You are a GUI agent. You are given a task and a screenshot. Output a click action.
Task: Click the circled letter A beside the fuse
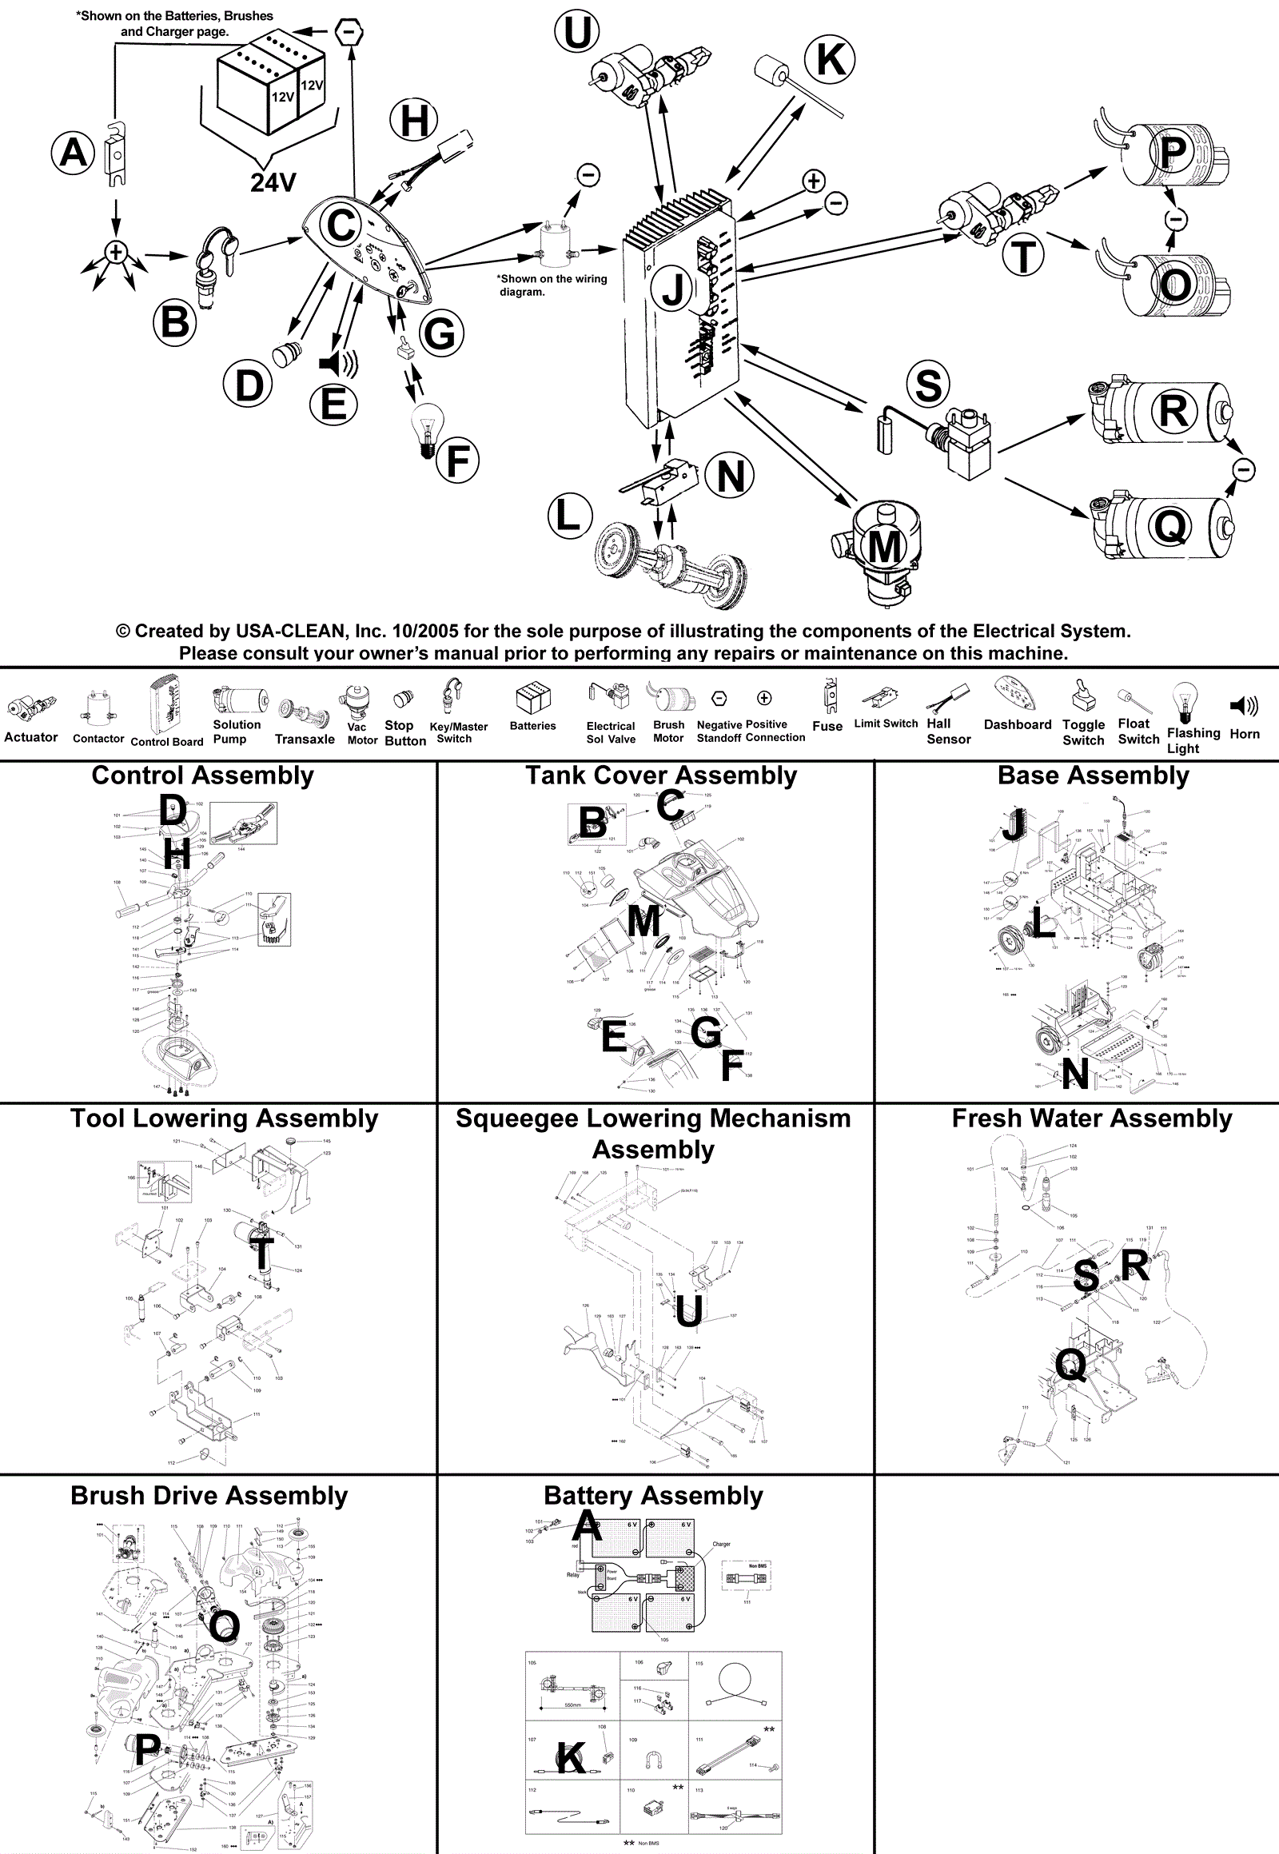pyautogui.click(x=73, y=152)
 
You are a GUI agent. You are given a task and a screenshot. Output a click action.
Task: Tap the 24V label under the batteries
pyautogui.click(x=273, y=183)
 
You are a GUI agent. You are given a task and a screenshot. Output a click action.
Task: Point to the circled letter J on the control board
pyautogui.click(x=673, y=289)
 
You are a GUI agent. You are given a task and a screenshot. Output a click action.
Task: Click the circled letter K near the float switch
pyautogui.click(x=831, y=58)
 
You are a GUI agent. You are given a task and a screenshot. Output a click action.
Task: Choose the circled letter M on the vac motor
pyautogui.click(x=885, y=547)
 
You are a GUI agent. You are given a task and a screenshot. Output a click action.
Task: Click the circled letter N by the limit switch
pyautogui.click(x=730, y=476)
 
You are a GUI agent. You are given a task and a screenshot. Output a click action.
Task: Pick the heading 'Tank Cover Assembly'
pyautogui.click(x=661, y=775)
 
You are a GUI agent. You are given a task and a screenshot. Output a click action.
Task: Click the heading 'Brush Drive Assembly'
pyautogui.click(x=209, y=1496)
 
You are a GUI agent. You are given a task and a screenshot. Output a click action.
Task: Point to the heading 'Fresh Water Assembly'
pyautogui.click(x=1091, y=1118)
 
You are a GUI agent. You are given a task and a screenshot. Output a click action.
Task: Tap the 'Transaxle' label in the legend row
pyautogui.click(x=305, y=739)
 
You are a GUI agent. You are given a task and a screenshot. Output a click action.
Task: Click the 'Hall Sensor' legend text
pyautogui.click(x=948, y=731)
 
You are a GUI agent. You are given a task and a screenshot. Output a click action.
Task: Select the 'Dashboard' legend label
pyautogui.click(x=1017, y=724)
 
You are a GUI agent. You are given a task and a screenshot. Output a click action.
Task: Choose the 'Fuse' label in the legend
pyautogui.click(x=827, y=726)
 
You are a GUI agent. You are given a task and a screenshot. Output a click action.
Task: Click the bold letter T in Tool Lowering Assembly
pyautogui.click(x=261, y=1254)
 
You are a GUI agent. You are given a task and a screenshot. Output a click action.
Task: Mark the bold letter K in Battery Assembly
pyautogui.click(x=571, y=1758)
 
